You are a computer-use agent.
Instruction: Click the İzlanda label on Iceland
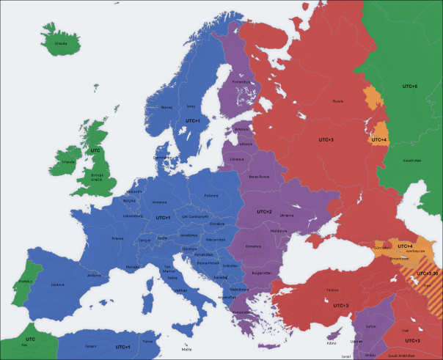pos(61,43)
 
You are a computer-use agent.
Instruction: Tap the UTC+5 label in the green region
pos(409,87)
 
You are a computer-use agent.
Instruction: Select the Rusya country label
pos(337,101)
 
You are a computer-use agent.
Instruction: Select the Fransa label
pos(117,238)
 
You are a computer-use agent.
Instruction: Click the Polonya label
pos(211,196)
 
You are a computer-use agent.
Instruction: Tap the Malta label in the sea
pos(188,350)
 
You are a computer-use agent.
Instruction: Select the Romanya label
pos(254,246)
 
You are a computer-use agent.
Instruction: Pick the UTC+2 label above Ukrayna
pos(263,211)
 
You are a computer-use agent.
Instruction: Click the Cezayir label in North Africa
pos(91,346)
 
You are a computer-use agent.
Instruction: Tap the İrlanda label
pos(69,161)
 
